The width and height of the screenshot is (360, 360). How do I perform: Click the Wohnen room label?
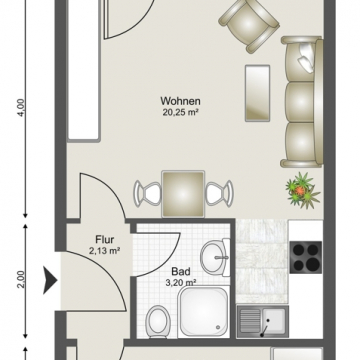tap(180, 101)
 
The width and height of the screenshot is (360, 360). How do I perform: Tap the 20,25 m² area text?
tap(180, 112)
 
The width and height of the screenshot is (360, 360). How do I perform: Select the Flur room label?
tap(105, 240)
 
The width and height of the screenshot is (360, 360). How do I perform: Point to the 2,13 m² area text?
tap(105, 251)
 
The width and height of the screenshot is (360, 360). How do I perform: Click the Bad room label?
tap(181, 271)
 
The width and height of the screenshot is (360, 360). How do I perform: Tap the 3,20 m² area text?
tap(181, 283)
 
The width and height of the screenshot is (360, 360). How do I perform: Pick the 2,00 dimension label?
tap(21, 279)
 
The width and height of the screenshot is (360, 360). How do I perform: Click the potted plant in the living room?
tap(302, 191)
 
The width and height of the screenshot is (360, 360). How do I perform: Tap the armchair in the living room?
tap(249, 25)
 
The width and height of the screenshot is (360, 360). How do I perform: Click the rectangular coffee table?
tap(257, 93)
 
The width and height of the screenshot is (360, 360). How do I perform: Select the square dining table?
tap(183, 194)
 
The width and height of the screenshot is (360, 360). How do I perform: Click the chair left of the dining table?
tap(147, 193)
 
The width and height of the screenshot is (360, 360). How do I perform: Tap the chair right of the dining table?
tap(219, 193)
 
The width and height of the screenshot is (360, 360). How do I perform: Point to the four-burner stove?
tap(306, 257)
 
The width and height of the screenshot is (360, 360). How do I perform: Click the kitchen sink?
tap(263, 322)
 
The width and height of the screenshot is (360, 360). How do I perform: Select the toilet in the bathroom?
tap(158, 320)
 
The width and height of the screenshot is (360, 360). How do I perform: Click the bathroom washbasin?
tap(215, 257)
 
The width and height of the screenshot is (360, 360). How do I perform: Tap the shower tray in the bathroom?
tap(204, 311)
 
